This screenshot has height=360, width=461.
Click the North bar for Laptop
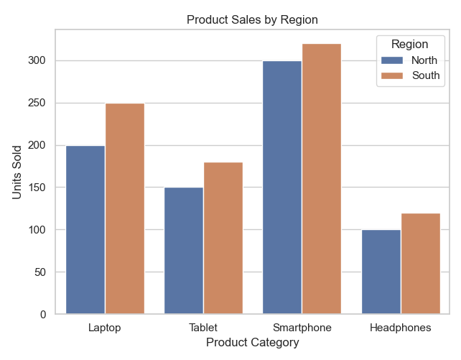[x=85, y=230]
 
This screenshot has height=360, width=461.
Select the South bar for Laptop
[x=125, y=209]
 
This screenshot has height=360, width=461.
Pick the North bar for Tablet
[x=184, y=251]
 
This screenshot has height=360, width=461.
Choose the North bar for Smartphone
[x=282, y=188]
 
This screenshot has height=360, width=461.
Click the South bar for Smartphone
[x=322, y=179]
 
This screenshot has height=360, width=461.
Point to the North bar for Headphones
[x=381, y=272]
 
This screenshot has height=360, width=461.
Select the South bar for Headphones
[x=420, y=264]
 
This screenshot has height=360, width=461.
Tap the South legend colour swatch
[x=391, y=75]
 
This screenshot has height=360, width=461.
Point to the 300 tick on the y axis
[x=40, y=60]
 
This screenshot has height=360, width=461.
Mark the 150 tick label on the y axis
[x=40, y=188]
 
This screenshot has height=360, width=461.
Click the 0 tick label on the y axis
[x=45, y=315]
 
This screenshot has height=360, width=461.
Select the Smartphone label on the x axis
[x=302, y=328]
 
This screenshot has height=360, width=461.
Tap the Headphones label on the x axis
[x=400, y=328]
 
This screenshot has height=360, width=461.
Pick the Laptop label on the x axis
[x=105, y=328]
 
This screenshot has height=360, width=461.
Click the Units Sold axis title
[x=17, y=172]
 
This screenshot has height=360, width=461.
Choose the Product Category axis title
[x=252, y=343]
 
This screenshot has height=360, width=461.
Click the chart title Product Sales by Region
[x=252, y=19]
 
